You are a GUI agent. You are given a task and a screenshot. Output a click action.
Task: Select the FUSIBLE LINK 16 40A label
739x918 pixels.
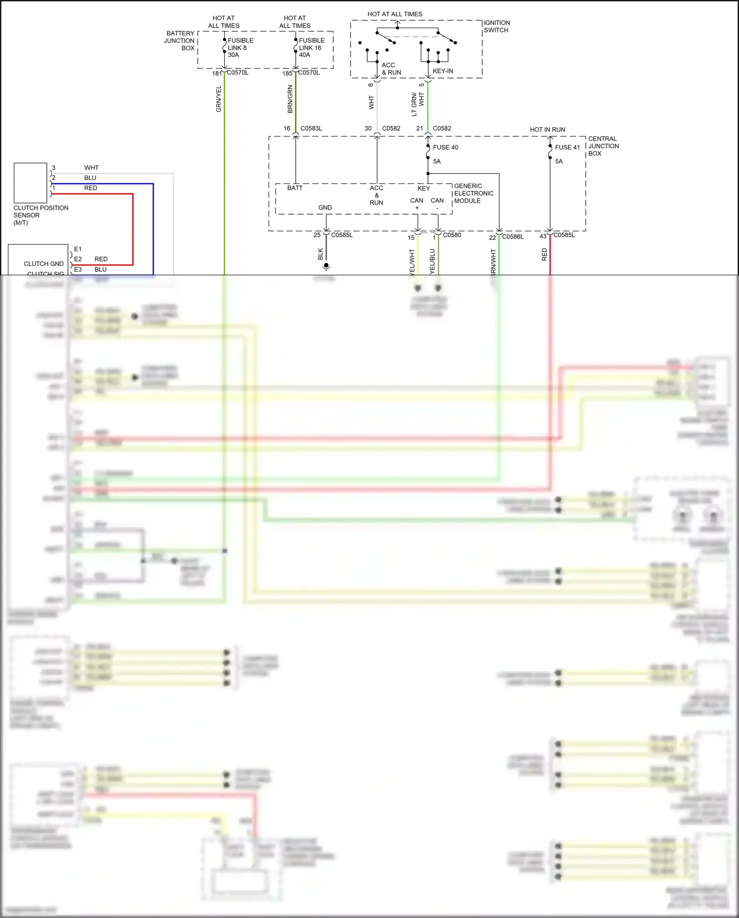pyautogui.click(x=311, y=47)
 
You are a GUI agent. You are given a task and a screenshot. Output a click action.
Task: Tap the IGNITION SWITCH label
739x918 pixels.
pyautogui.click(x=496, y=26)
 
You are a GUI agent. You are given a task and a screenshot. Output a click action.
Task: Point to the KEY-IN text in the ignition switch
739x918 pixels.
pyautogui.click(x=443, y=71)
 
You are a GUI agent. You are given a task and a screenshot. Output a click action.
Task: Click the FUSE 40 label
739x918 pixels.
pyautogui.click(x=445, y=147)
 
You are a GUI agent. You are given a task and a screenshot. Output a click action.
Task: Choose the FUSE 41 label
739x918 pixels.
pyautogui.click(x=567, y=147)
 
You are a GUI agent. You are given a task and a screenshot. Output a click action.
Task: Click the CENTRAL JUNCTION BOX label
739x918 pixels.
pyautogui.click(x=603, y=146)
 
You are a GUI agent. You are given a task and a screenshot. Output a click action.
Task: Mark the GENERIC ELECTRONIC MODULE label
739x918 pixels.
pyautogui.click(x=473, y=193)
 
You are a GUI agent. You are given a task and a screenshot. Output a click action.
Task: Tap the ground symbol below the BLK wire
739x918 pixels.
pyautogui.click(x=326, y=267)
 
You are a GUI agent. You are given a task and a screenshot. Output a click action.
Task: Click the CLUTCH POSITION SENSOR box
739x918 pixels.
pyautogui.click(x=30, y=183)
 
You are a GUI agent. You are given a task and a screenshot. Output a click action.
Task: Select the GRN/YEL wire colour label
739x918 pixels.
pyautogui.click(x=219, y=99)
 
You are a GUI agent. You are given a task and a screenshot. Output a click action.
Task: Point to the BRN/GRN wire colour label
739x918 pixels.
pyautogui.click(x=290, y=99)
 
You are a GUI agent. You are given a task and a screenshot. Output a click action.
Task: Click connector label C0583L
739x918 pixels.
pyautogui.click(x=311, y=128)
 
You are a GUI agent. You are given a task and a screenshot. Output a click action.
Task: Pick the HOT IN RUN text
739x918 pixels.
pyautogui.click(x=547, y=130)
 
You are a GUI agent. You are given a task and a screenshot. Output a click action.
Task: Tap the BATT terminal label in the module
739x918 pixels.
pyautogui.click(x=295, y=188)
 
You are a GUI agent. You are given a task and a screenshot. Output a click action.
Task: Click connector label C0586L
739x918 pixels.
pyautogui.click(x=513, y=237)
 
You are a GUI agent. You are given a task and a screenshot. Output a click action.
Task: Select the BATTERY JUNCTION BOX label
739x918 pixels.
pyautogui.click(x=180, y=40)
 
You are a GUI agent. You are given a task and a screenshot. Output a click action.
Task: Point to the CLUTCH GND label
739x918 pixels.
pyautogui.click(x=43, y=264)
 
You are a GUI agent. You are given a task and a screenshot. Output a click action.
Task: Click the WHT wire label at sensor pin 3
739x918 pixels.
pyautogui.click(x=91, y=168)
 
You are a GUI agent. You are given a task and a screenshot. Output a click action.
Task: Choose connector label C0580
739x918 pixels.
pyautogui.click(x=452, y=235)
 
